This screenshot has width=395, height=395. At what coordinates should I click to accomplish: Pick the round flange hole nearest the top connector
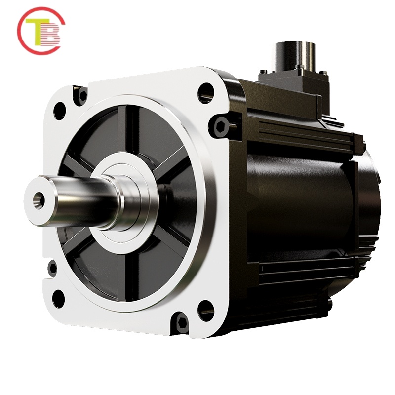click(205, 93)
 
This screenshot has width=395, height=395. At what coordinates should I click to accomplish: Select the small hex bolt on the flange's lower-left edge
click(52, 269)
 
